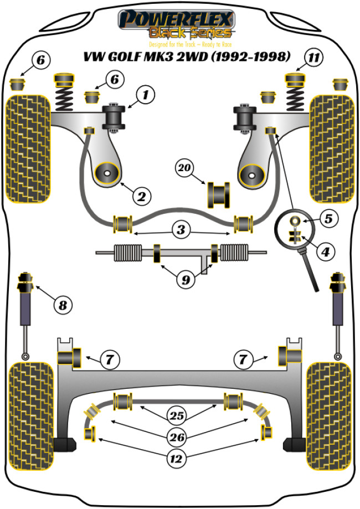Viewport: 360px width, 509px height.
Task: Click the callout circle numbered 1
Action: click(x=146, y=95)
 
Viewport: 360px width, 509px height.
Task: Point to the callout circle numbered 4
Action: click(x=325, y=251)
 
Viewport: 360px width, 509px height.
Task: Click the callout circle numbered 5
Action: click(x=328, y=219)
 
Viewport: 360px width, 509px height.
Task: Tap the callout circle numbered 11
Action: click(x=314, y=57)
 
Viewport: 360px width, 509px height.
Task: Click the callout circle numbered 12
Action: click(x=179, y=457)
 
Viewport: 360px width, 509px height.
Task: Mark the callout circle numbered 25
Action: click(x=179, y=414)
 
